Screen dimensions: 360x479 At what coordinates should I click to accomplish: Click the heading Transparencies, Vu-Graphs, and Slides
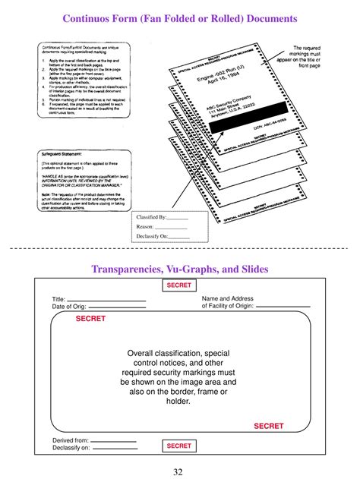[x=180, y=269]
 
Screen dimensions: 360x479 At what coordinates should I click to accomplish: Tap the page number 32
[x=179, y=471]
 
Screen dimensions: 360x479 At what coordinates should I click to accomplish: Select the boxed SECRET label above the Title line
[x=179, y=285]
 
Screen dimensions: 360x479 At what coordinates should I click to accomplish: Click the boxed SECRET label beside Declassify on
[x=179, y=446]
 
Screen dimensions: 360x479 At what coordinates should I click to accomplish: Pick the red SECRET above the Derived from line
[x=268, y=426]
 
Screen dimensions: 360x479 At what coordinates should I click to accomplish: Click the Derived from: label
[x=71, y=440]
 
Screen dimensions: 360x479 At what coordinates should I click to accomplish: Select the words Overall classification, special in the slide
[x=178, y=353]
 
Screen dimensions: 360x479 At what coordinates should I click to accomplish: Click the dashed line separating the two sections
[x=180, y=248]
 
